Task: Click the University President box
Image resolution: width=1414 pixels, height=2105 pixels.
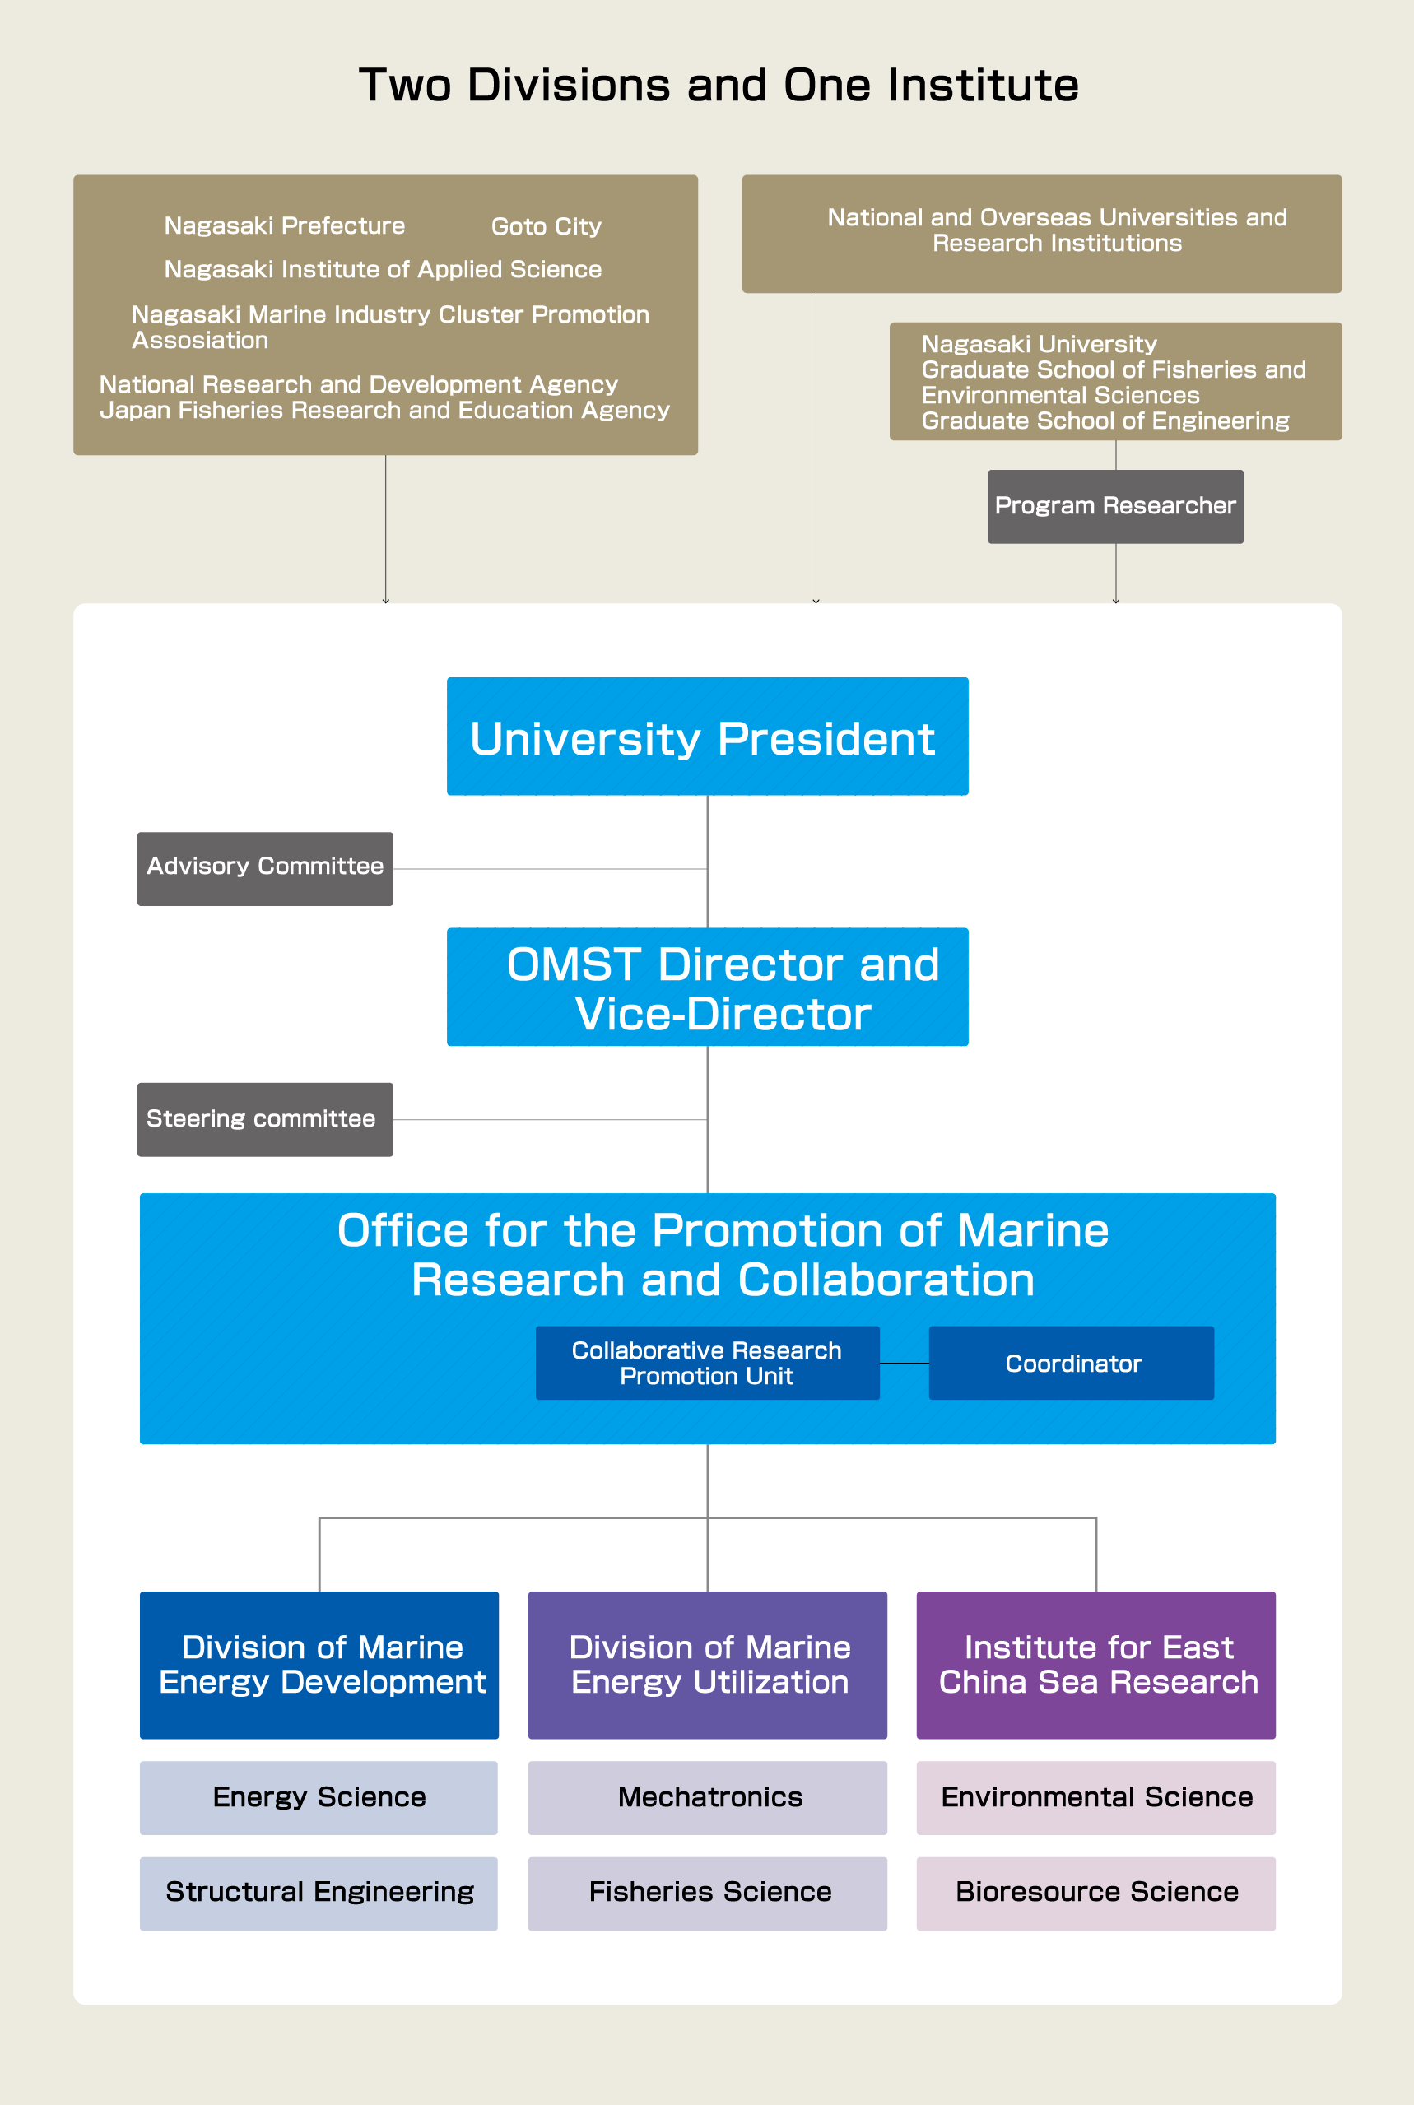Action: point(707,737)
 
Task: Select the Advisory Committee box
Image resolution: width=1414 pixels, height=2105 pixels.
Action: point(265,868)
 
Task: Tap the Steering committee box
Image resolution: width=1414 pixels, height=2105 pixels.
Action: point(265,1119)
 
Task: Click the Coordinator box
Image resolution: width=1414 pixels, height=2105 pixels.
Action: point(1072,1362)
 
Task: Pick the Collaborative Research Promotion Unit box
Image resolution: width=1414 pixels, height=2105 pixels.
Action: point(707,1362)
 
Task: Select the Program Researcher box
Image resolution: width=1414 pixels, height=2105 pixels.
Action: point(1115,506)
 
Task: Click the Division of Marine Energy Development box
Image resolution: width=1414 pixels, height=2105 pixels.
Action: point(319,1664)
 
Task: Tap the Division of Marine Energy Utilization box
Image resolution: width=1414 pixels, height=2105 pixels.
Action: point(707,1664)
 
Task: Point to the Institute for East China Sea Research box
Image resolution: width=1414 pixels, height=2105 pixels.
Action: point(1095,1664)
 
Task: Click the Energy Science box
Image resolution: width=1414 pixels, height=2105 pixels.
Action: point(319,1796)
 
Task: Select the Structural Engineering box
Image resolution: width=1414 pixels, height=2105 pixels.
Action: point(319,1892)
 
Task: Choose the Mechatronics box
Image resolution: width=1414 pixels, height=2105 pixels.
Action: point(707,1796)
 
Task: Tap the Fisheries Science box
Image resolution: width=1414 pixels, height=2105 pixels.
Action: point(707,1892)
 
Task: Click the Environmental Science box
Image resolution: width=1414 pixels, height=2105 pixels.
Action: point(1095,1796)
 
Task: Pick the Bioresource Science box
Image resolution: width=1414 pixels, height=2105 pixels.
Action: point(1095,1892)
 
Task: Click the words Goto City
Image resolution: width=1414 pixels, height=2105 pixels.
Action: point(546,226)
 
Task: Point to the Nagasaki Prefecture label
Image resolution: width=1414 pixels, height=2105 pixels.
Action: point(284,225)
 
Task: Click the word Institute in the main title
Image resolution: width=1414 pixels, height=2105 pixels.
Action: point(983,86)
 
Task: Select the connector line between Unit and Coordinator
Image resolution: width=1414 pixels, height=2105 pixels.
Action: point(905,1363)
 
